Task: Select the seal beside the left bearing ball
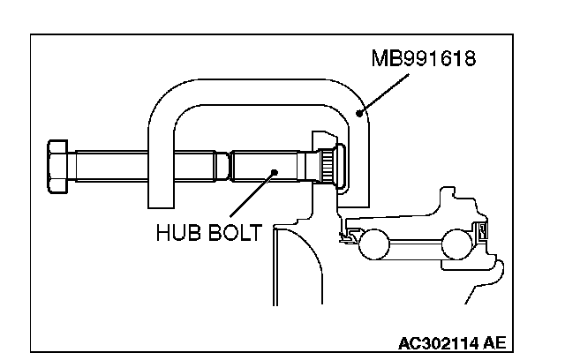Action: point(350,236)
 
